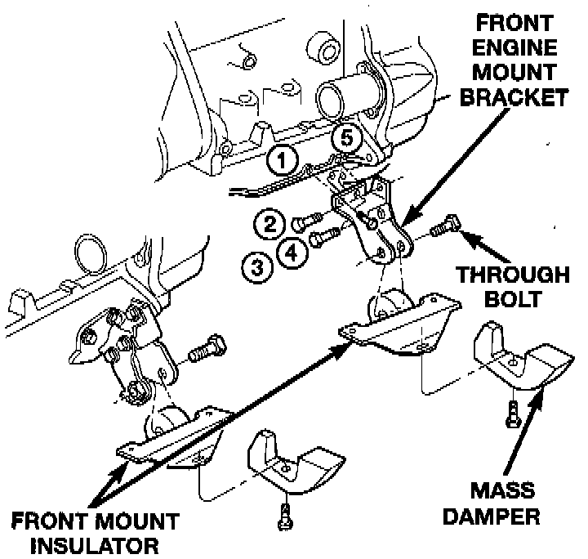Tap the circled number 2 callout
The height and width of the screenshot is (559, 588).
pos(268,222)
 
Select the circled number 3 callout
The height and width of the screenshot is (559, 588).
pos(256,265)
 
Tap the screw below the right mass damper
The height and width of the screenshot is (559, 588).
pos(511,409)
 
